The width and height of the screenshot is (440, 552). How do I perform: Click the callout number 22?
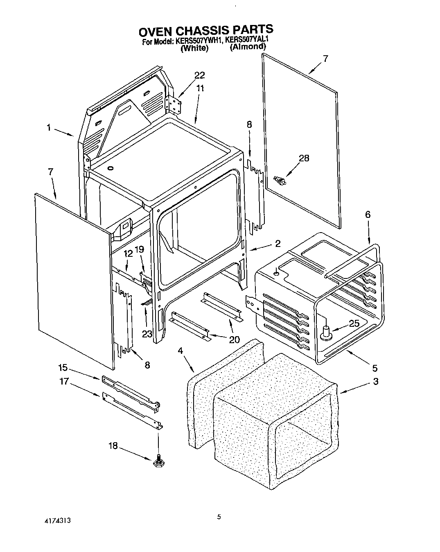pos(199,75)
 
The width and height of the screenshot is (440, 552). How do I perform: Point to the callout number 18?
pos(113,446)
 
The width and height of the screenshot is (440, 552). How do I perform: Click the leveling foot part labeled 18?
pos(158,462)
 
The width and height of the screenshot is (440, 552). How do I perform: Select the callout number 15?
pos(63,368)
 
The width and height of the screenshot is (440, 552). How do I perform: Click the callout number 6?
pos(368,214)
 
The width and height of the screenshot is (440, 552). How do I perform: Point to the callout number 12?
pos(128,254)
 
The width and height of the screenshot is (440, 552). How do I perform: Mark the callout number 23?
pos(147,323)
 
